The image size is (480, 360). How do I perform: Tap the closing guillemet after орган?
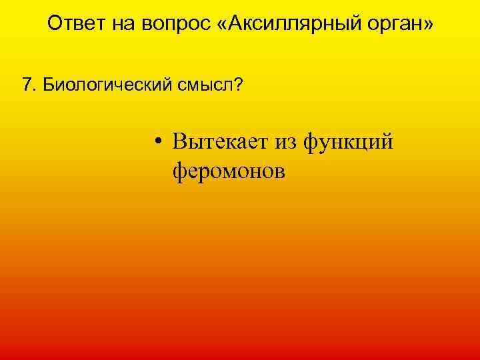coord(429,25)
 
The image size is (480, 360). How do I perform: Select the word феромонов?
coord(229,171)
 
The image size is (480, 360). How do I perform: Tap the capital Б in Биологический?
coord(45,85)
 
